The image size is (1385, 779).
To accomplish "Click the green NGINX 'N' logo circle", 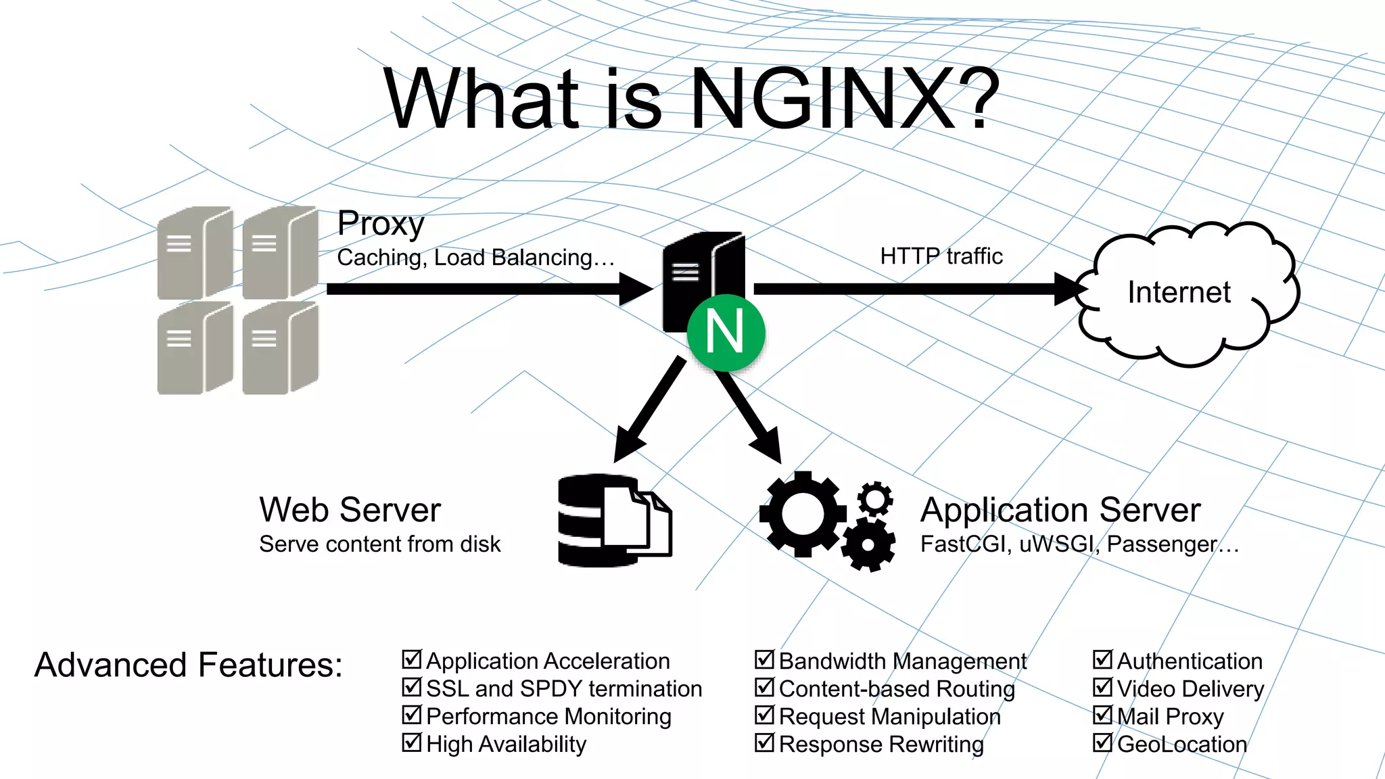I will pyautogui.click(x=726, y=332).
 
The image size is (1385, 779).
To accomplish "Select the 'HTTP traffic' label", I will pyautogui.click(x=941, y=256).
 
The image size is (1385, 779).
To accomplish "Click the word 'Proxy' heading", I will pyautogui.click(x=381, y=223).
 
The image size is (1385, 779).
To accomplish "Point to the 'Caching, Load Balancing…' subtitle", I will pyautogui.click(x=475, y=258).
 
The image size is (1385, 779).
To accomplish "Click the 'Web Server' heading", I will pyautogui.click(x=350, y=510).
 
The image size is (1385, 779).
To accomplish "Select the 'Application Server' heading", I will pyautogui.click(x=1060, y=510).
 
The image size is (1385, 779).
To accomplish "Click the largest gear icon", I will pyautogui.click(x=803, y=514).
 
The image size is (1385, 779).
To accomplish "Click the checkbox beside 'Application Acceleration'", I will pyautogui.click(x=412, y=659).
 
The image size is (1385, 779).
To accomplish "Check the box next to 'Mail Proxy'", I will pyautogui.click(x=1102, y=715).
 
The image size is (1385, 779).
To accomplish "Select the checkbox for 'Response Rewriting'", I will pyautogui.click(x=764, y=742).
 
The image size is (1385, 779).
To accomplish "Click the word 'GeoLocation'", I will pyautogui.click(x=1182, y=744).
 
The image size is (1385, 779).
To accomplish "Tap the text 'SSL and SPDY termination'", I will pyautogui.click(x=564, y=688).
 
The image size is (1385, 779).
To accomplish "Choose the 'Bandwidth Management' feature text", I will pyautogui.click(x=902, y=661).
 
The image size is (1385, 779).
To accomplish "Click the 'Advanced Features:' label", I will pyautogui.click(x=189, y=665).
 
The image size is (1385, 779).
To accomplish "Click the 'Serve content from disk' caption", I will pyautogui.click(x=379, y=544).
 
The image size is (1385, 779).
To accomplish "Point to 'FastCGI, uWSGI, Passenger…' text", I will pyautogui.click(x=1079, y=544).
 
